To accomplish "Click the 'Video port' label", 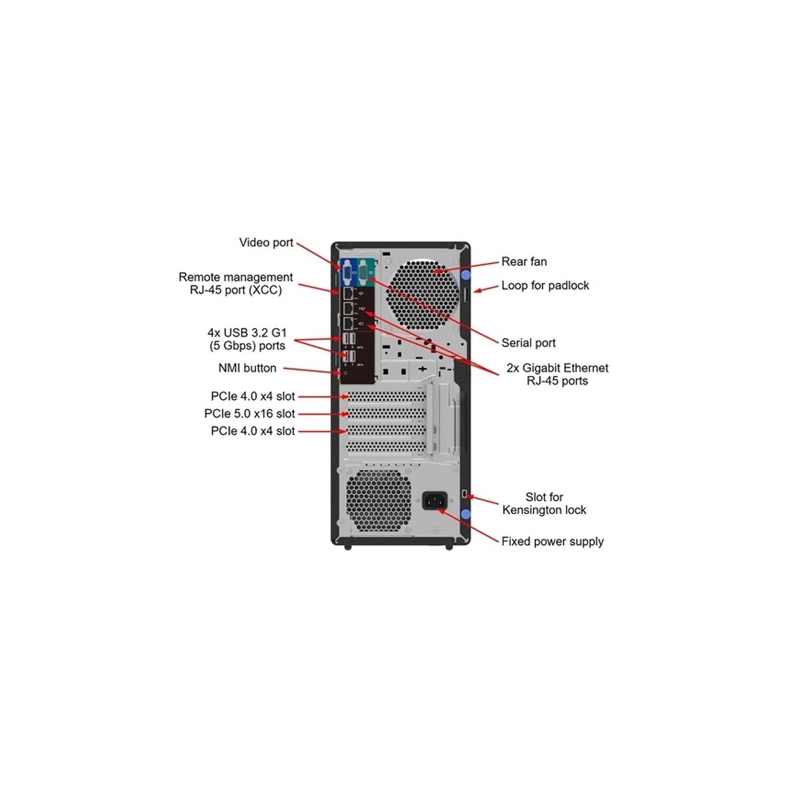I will click(x=266, y=243).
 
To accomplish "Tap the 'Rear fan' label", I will click(x=524, y=262).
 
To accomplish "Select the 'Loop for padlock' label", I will click(x=545, y=285).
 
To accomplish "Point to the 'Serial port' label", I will click(x=528, y=343).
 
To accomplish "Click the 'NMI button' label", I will click(x=247, y=368).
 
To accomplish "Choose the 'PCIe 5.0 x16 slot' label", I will click(x=250, y=413).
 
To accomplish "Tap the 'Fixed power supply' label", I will click(x=552, y=541).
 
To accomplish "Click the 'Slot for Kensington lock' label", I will click(x=544, y=503).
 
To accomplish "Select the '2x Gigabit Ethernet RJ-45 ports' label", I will click(x=557, y=374).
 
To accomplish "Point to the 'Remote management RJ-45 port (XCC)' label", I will click(x=235, y=283).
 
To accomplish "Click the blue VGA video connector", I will click(x=348, y=273).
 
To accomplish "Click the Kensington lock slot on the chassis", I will click(x=465, y=494).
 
